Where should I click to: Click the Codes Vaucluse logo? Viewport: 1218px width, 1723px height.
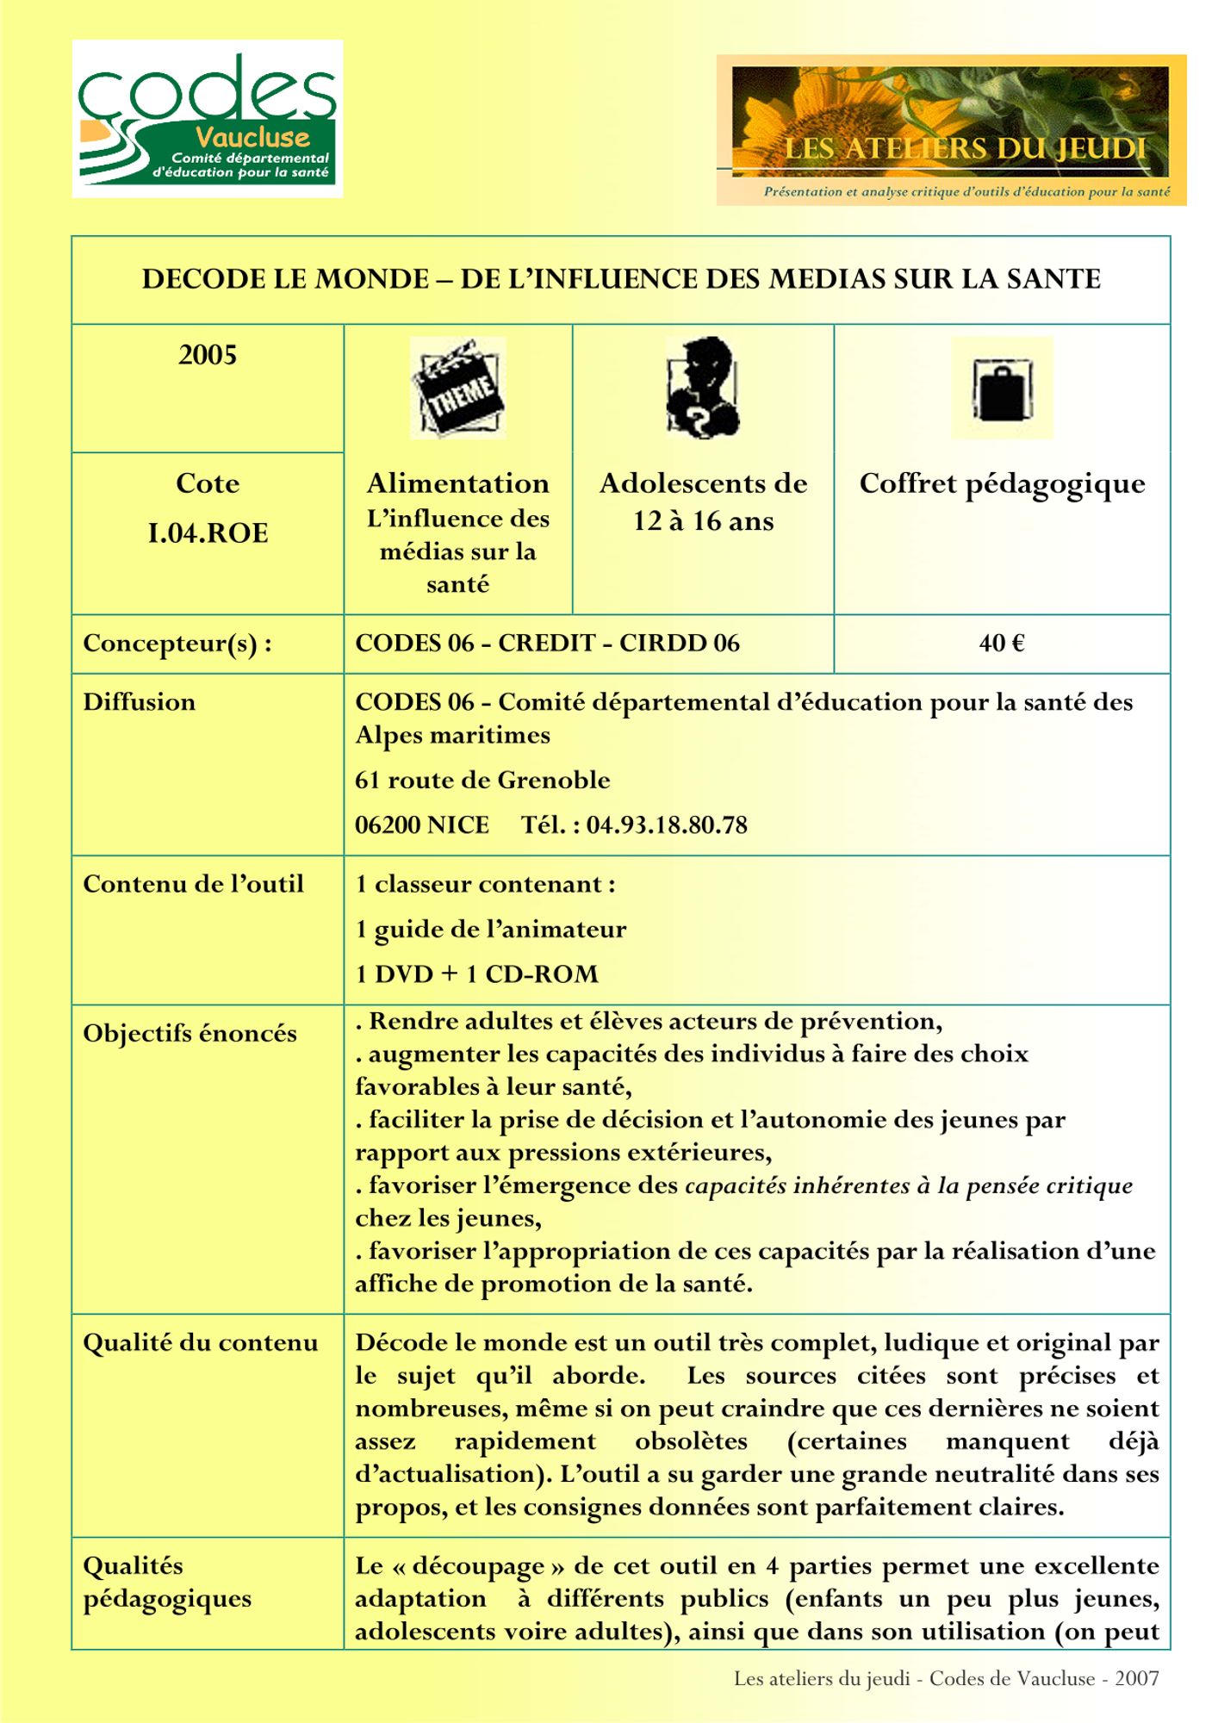tap(207, 119)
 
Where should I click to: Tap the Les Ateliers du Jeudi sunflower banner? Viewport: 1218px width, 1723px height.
tap(950, 129)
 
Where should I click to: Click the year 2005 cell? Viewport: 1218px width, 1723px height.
tap(208, 355)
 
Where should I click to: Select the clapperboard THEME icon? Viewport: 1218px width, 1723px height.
tap(457, 388)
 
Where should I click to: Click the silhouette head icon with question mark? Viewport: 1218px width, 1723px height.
tap(702, 388)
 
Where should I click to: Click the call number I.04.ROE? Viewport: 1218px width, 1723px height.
tap(208, 533)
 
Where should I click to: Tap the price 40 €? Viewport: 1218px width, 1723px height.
tap(1001, 644)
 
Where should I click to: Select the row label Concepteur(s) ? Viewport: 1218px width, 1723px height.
tap(177, 644)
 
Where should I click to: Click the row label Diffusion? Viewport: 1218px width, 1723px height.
tap(139, 702)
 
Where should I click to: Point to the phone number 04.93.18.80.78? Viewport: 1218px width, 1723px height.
tap(667, 825)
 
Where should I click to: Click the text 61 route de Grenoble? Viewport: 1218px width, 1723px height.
tap(482, 781)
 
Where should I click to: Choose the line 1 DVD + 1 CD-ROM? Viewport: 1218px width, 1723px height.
tap(476, 974)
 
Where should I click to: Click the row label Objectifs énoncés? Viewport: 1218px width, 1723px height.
tap(190, 1033)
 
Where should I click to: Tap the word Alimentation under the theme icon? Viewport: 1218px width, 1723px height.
tap(457, 483)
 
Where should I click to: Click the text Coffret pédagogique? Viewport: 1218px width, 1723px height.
tap(1002, 484)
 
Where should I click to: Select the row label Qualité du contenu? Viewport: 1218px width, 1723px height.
tap(200, 1343)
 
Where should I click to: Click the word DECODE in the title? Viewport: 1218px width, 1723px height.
tap(199, 279)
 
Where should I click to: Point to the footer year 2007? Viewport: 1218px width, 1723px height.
tap(1136, 1678)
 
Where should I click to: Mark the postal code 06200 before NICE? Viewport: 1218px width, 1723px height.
tap(387, 825)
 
